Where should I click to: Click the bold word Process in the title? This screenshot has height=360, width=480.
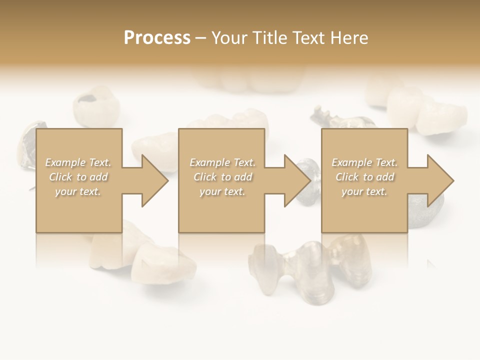coord(157,38)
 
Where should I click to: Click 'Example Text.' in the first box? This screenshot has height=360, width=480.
coord(78,162)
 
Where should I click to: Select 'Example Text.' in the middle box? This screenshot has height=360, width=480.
coord(222,162)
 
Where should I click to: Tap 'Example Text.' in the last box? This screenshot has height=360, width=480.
coord(364,162)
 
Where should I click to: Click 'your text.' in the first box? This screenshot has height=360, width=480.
coord(78,191)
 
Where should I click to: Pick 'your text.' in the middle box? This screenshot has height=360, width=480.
coord(222,191)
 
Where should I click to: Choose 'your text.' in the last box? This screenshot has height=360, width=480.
coord(364,191)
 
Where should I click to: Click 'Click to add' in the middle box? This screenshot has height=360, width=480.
coord(222,177)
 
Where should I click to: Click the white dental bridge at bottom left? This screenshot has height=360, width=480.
coord(150,257)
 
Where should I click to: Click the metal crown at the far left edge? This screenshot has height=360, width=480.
coord(27,145)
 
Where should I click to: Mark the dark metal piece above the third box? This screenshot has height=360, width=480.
coord(340,120)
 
